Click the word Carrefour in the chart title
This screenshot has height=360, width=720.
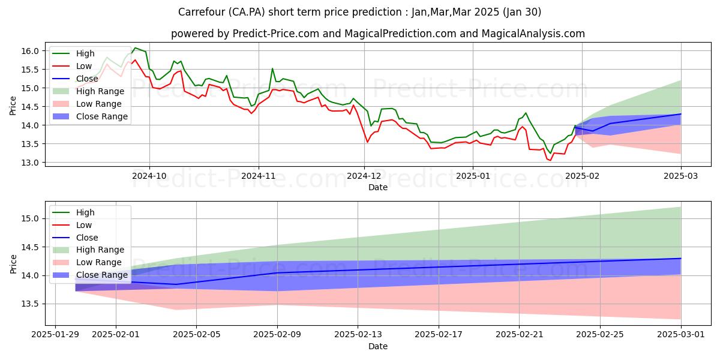coord(199,11)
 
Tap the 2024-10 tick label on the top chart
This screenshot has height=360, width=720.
coord(149,176)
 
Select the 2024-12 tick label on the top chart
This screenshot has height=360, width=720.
coord(364,176)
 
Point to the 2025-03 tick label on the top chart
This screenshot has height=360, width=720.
coord(681,176)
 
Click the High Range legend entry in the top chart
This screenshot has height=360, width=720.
coord(100,91)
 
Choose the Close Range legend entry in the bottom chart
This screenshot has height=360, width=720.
coord(102,275)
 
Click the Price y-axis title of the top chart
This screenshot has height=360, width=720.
coord(13,106)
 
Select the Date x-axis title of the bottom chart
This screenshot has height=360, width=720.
coord(377,347)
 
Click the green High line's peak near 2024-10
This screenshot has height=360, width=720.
coord(135,48)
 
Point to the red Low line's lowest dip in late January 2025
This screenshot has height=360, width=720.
coord(550,160)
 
